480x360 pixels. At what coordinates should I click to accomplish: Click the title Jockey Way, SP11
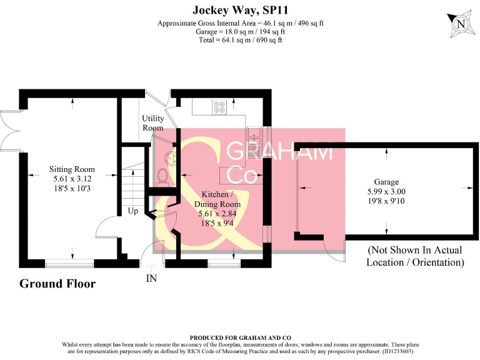(x=240, y=10)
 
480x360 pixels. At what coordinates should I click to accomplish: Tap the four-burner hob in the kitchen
(x=219, y=107)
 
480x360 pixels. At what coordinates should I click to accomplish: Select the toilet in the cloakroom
(x=162, y=177)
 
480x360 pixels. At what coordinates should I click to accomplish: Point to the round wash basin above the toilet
(x=171, y=158)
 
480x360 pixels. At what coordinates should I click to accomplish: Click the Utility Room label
(x=152, y=122)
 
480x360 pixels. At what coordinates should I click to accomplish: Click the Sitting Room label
(x=72, y=169)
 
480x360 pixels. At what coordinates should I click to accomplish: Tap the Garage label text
(x=386, y=182)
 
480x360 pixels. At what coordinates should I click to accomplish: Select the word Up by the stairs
(x=133, y=211)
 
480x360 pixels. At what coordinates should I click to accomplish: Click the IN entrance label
(x=151, y=278)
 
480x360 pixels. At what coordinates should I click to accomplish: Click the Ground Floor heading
(x=57, y=284)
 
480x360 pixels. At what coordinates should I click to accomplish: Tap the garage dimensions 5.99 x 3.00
(x=386, y=192)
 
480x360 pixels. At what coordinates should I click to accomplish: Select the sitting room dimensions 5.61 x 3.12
(x=72, y=179)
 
